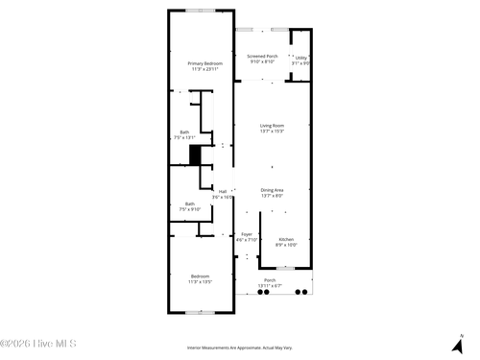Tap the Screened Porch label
(262, 57)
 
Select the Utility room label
(300, 57)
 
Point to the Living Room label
(272, 126)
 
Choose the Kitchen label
(286, 239)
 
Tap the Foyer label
(247, 234)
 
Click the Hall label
(223, 191)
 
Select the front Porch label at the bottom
(270, 280)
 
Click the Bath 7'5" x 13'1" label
(184, 132)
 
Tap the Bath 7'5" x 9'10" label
(189, 204)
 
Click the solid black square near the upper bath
(195, 155)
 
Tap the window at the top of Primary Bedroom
(201, 11)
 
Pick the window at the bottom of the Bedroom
(201, 312)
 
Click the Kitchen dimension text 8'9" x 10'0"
(286, 244)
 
